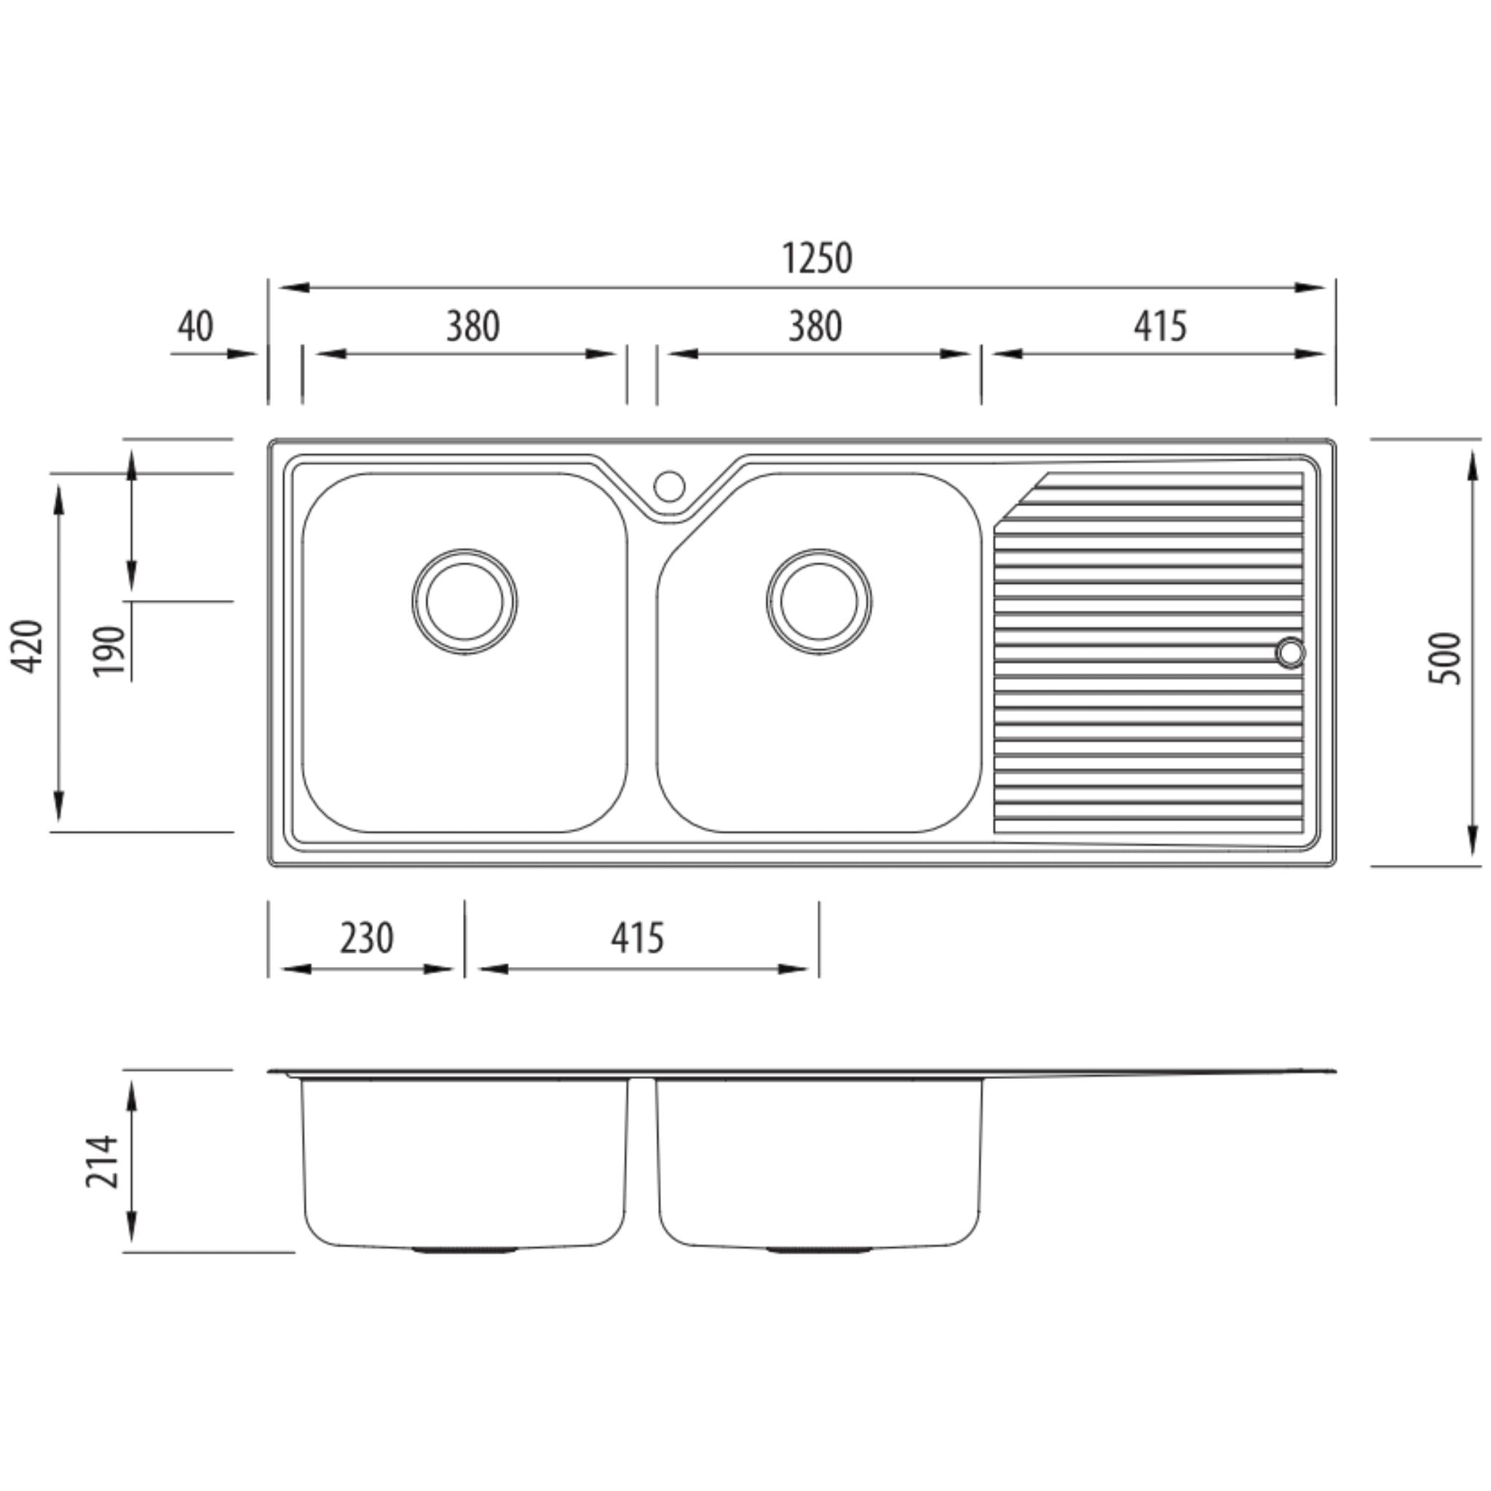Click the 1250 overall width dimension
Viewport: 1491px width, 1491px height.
(x=817, y=258)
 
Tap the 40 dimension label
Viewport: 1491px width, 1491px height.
(x=195, y=326)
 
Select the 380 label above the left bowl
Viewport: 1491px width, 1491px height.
(x=472, y=326)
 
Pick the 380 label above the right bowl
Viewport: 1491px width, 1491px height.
(x=815, y=326)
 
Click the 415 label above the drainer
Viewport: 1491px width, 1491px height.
(x=1159, y=326)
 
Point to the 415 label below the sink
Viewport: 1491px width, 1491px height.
(x=637, y=938)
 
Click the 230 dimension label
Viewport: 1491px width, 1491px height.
(x=367, y=938)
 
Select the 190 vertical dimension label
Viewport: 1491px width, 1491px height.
(x=108, y=652)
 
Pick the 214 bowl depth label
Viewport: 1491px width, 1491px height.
(x=103, y=1161)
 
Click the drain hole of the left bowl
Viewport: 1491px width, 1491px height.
(x=464, y=602)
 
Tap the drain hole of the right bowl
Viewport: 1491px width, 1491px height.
(x=819, y=602)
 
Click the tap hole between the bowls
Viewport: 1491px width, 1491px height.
(x=669, y=486)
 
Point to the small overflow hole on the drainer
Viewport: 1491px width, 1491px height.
(x=1289, y=652)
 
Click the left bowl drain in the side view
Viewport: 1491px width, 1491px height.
(x=464, y=1249)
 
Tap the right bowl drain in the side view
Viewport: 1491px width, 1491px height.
(x=819, y=1249)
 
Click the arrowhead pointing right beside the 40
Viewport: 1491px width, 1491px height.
(x=242, y=355)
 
